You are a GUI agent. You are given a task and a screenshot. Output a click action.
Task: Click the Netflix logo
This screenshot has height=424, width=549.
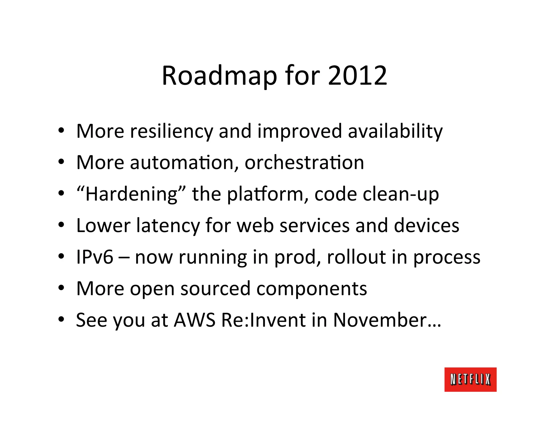pyautogui.click(x=470, y=380)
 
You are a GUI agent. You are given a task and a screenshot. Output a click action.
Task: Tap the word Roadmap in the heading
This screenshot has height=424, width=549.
pyautogui.click(x=219, y=76)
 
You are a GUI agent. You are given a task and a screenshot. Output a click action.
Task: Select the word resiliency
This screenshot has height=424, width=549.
pyautogui.click(x=172, y=131)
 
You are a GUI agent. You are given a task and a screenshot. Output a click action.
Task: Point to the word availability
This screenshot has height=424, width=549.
pyautogui.click(x=395, y=131)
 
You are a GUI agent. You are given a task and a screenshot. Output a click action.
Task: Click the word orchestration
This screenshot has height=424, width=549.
pyautogui.click(x=304, y=162)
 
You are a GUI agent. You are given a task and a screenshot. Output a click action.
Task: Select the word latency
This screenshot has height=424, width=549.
pyautogui.click(x=168, y=225)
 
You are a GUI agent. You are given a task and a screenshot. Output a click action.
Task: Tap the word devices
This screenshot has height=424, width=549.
pyautogui.click(x=426, y=225)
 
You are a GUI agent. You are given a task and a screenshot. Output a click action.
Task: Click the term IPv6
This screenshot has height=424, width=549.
pyautogui.click(x=95, y=257)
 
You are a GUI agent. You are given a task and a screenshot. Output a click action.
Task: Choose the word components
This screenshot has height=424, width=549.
pyautogui.click(x=311, y=289)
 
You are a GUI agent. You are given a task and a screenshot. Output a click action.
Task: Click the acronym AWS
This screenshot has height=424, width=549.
pyautogui.click(x=194, y=320)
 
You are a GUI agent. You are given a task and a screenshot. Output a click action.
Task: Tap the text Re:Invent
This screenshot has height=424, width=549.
pyautogui.click(x=264, y=320)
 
